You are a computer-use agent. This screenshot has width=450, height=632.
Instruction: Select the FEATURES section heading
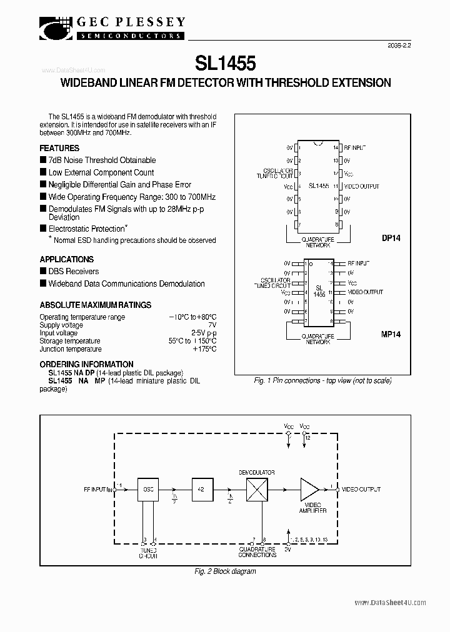tap(59, 148)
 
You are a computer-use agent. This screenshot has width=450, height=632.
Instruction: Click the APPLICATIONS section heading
tap(67, 259)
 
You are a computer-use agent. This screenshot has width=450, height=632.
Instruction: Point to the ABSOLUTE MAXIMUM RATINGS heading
tap(96, 305)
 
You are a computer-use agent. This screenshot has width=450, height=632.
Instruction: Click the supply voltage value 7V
tap(212, 325)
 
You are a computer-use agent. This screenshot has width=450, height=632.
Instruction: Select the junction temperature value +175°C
tap(204, 349)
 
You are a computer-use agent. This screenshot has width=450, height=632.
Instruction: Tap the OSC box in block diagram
tap(148, 490)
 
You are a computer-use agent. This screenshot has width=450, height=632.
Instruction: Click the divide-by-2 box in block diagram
tap(202, 490)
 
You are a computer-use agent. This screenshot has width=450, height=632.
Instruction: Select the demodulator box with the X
tap(257, 490)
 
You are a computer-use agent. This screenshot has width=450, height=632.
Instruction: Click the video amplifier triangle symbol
tap(310, 490)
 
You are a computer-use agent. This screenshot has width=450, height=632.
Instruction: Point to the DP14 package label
tap(391, 238)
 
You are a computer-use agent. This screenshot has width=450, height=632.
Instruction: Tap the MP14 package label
tap(391, 334)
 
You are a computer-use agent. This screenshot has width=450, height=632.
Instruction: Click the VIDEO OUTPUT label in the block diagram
tap(362, 490)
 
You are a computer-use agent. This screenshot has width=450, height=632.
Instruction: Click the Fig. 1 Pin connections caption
tap(322, 380)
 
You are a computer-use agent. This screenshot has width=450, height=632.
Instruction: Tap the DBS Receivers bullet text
tap(74, 272)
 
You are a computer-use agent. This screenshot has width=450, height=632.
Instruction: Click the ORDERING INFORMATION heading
tap(86, 364)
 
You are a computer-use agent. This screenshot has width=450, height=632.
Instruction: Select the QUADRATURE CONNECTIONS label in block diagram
tap(257, 552)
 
